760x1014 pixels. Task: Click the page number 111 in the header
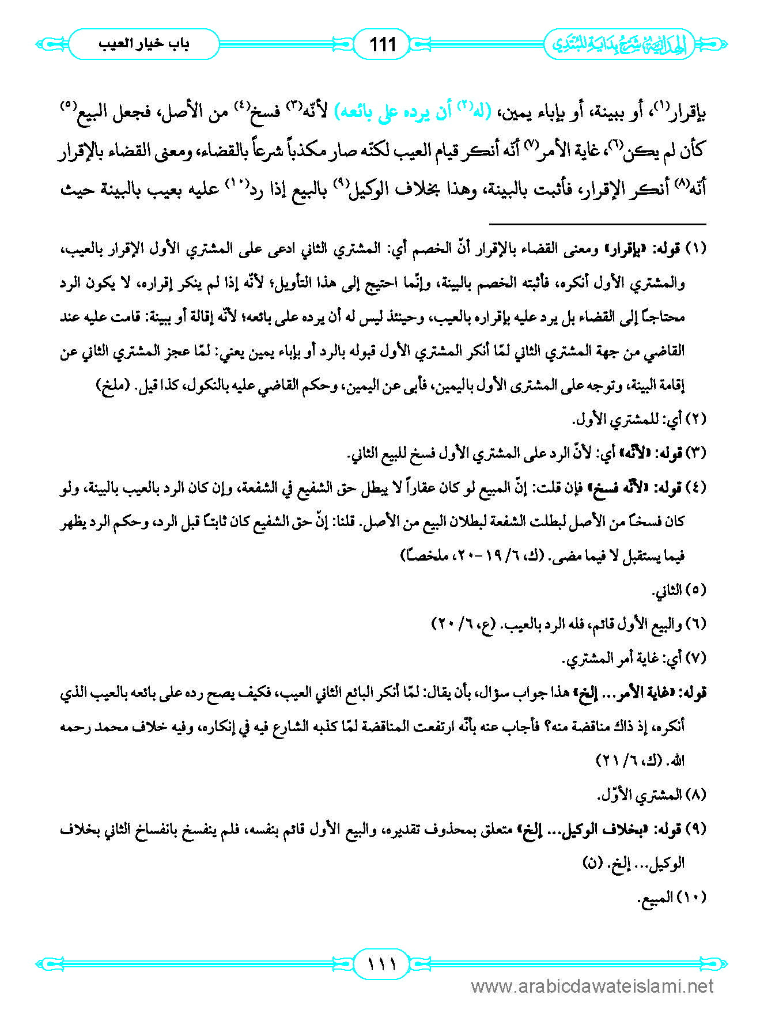coord(382,44)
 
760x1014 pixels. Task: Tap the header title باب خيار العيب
coord(143,44)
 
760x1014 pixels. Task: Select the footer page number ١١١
coord(381,963)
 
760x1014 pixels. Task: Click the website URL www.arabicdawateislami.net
coord(592,987)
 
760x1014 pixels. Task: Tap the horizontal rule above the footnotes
coord(598,224)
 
